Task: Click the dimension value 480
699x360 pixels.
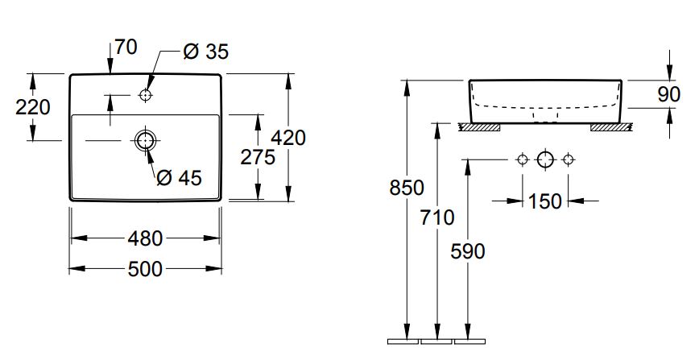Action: click(145, 238)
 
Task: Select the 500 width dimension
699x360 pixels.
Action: click(145, 270)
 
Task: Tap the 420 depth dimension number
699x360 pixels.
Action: click(287, 138)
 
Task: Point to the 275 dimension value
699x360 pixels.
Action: click(258, 157)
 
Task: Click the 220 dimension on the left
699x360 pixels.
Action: click(33, 106)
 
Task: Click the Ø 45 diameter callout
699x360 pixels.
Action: click(179, 176)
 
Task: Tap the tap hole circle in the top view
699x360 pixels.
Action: click(145, 95)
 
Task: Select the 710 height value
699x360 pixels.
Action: click(437, 217)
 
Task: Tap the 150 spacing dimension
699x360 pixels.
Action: click(545, 201)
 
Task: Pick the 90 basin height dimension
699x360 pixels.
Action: click(669, 94)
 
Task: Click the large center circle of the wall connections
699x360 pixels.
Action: click(545, 159)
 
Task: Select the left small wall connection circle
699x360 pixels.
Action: click(523, 159)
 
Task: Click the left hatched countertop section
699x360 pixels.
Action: click(479, 126)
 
